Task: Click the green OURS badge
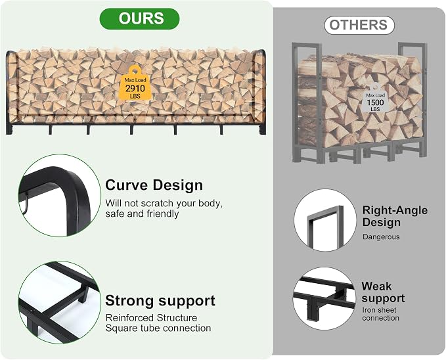[139, 19]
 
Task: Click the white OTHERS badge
[359, 26]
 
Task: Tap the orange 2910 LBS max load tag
[135, 83]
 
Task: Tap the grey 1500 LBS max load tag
[375, 99]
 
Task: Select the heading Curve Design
[154, 185]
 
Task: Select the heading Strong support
[160, 300]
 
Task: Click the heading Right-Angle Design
[395, 216]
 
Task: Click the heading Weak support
[383, 292]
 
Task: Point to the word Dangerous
[381, 236]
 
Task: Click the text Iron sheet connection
[380, 314]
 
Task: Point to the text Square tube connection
[158, 328]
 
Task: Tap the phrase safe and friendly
[142, 214]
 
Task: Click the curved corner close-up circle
[60, 196]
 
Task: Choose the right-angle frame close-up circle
[325, 220]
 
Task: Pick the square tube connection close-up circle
[60, 302]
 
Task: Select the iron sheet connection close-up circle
[324, 298]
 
